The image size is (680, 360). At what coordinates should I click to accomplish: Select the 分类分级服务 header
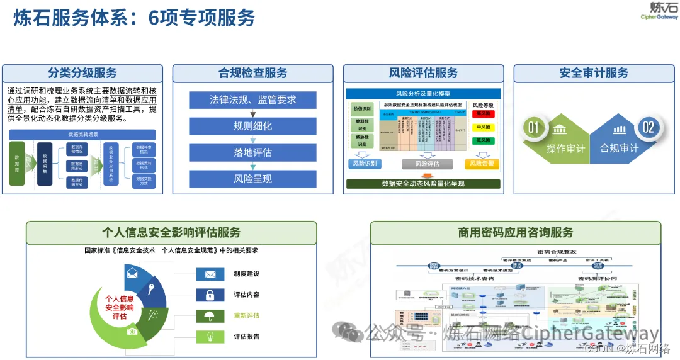coord(82,73)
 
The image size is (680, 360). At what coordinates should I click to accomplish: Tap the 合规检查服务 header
coord(252,73)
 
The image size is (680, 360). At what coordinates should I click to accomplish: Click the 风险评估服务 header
coord(423,73)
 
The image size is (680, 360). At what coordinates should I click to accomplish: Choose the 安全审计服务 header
coord(594,73)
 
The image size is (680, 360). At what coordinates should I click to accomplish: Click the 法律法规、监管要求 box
coord(252,99)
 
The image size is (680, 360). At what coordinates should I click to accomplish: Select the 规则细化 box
coord(252,126)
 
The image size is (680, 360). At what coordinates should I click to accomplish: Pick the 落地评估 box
coord(252,152)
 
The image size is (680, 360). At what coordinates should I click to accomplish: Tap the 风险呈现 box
coord(252,179)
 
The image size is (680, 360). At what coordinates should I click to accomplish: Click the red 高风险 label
coord(483,114)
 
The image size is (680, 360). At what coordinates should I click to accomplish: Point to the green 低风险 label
coord(483,140)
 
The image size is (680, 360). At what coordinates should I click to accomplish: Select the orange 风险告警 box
coord(482,164)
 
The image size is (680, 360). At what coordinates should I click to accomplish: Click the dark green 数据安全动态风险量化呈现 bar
coord(423,184)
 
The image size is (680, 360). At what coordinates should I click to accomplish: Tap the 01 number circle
coord(533,128)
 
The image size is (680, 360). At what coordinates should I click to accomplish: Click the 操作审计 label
coord(565,149)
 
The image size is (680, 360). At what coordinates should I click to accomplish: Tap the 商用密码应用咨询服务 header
coord(515,233)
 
